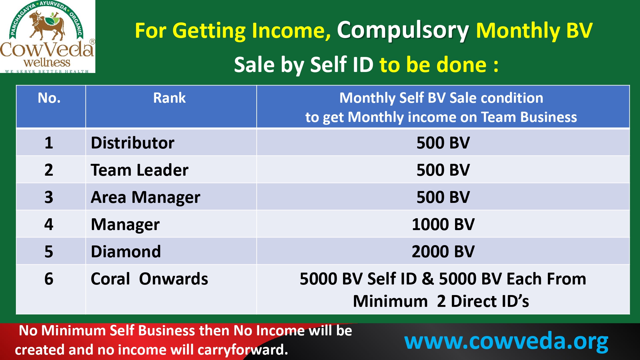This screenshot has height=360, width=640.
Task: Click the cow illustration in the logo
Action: point(47,26)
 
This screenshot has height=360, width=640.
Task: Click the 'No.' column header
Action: point(49,98)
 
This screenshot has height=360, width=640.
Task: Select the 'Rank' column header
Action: point(169,98)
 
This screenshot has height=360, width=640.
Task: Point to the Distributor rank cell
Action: point(132,143)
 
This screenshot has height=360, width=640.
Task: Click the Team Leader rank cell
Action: point(140,170)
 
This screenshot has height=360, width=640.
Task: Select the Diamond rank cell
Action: point(126,252)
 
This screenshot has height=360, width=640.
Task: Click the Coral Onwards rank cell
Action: point(149,279)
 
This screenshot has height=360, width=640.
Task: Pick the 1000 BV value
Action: point(443,224)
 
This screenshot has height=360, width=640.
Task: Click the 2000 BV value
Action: point(443,252)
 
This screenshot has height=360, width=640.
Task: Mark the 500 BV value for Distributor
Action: point(443,143)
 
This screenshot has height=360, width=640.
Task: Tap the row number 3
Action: point(49,197)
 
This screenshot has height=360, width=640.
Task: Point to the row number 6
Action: point(49,279)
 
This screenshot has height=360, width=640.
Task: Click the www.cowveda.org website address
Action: point(506,341)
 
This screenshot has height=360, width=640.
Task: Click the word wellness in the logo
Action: point(47,62)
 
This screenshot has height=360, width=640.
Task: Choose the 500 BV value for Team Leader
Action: point(443,170)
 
